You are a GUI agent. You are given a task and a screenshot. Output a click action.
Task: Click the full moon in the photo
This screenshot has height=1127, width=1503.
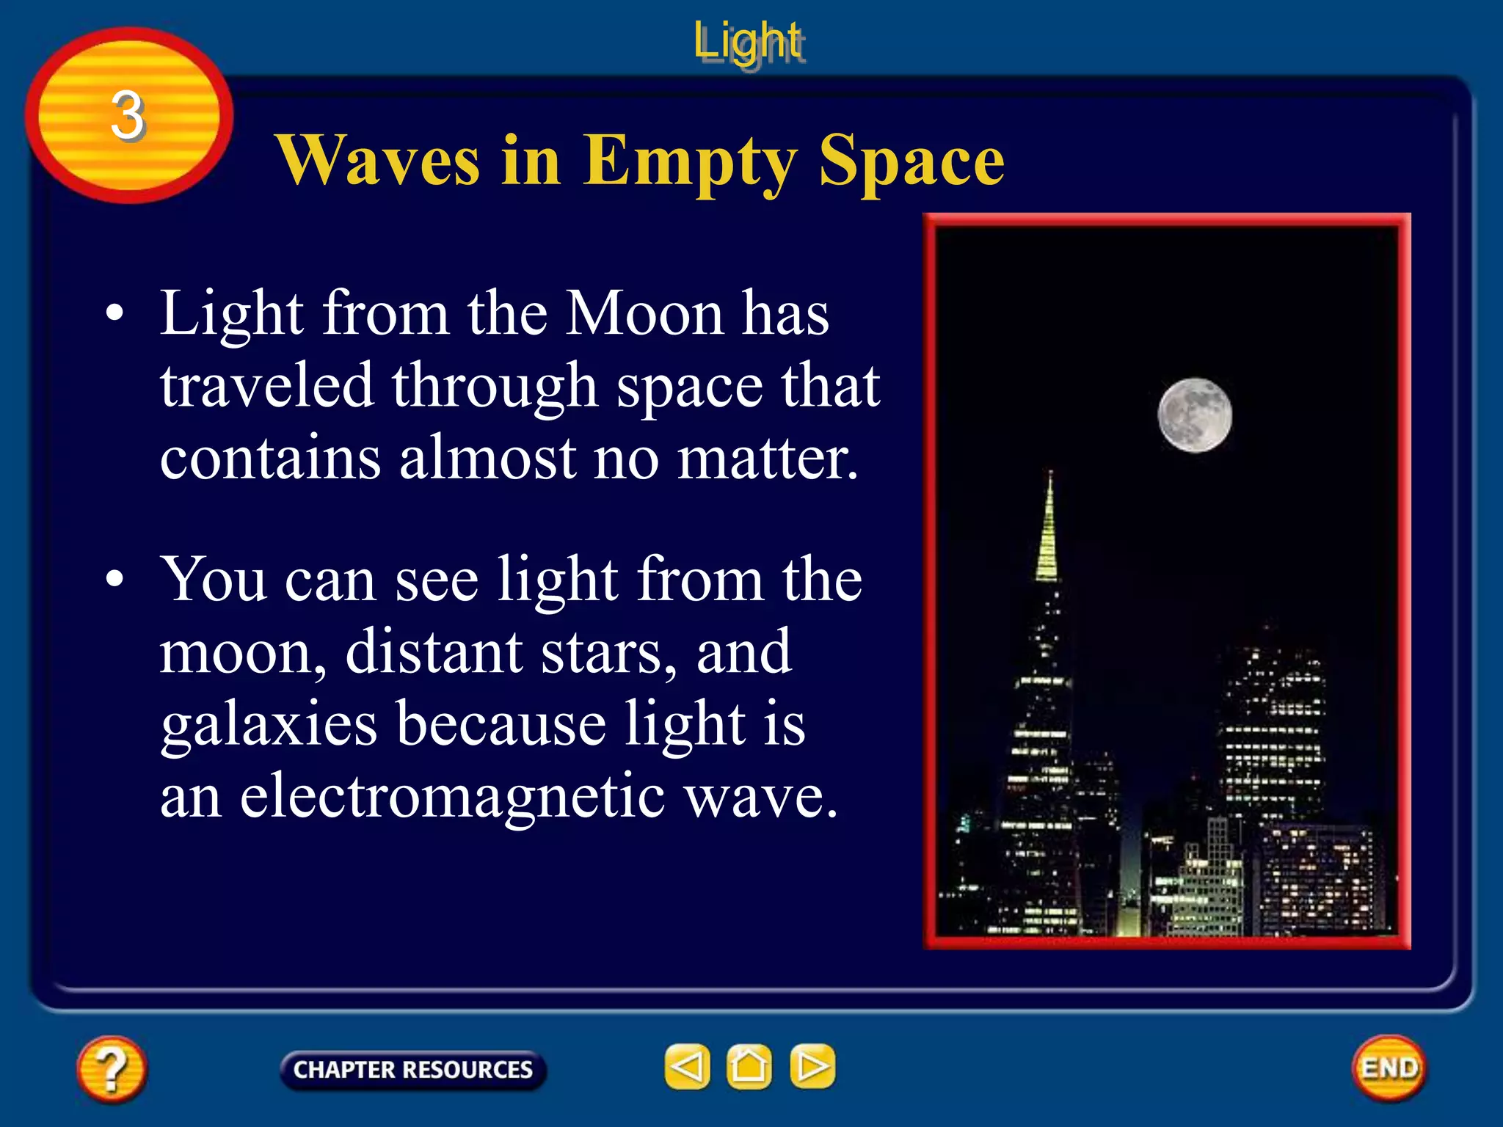click(1195, 415)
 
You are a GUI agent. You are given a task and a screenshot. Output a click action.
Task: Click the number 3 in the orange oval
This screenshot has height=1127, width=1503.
click(128, 115)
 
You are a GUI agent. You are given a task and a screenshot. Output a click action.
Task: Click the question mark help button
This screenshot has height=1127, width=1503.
click(112, 1068)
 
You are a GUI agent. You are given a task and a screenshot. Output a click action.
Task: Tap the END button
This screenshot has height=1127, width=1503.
click(1389, 1068)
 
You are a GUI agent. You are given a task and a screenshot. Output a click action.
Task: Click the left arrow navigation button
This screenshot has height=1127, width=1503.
click(687, 1066)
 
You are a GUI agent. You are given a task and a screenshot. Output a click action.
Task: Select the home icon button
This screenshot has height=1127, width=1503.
click(749, 1066)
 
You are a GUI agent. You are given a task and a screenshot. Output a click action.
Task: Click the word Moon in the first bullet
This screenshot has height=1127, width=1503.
click(646, 313)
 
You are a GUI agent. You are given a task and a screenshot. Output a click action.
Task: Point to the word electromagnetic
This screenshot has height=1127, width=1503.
click(453, 797)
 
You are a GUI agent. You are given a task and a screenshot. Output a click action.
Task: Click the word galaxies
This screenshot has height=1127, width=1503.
click(269, 725)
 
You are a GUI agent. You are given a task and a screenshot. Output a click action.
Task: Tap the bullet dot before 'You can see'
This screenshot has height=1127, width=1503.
click(114, 579)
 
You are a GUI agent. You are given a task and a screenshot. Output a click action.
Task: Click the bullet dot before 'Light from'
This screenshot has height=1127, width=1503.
click(114, 313)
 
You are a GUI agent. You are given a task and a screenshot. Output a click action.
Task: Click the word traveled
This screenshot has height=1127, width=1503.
click(266, 386)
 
